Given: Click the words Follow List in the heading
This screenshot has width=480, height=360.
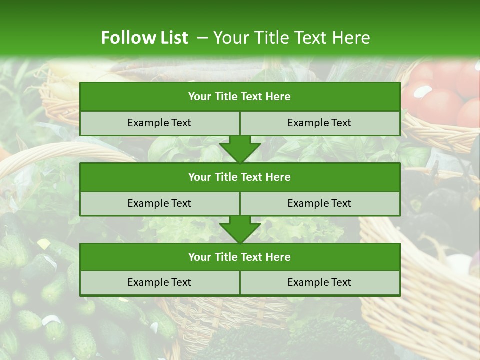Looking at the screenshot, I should click(x=144, y=38).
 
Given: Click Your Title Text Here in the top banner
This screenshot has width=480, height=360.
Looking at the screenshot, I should click(x=292, y=38).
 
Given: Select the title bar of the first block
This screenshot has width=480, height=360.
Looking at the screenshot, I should click(x=240, y=97).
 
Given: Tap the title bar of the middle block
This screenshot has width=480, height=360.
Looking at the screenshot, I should click(x=240, y=177).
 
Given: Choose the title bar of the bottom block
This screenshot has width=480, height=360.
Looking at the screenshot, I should click(x=240, y=257).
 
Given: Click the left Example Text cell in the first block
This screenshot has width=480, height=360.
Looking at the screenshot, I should click(x=159, y=123).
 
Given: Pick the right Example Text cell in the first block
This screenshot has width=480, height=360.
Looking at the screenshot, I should click(x=319, y=123).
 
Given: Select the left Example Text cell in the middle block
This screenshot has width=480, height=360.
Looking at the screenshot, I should click(x=159, y=203).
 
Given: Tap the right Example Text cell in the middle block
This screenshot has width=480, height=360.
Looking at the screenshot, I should click(x=319, y=203).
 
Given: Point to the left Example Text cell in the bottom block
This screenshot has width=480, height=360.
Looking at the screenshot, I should click(x=159, y=282).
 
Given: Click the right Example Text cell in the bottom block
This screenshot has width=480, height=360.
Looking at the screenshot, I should click(x=319, y=282).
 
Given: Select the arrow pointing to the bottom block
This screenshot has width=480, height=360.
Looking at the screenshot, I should click(x=240, y=229).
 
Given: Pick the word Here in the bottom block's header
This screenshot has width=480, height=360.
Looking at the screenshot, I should click(x=278, y=257).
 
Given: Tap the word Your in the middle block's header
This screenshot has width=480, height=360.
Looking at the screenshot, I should click(x=199, y=177).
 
